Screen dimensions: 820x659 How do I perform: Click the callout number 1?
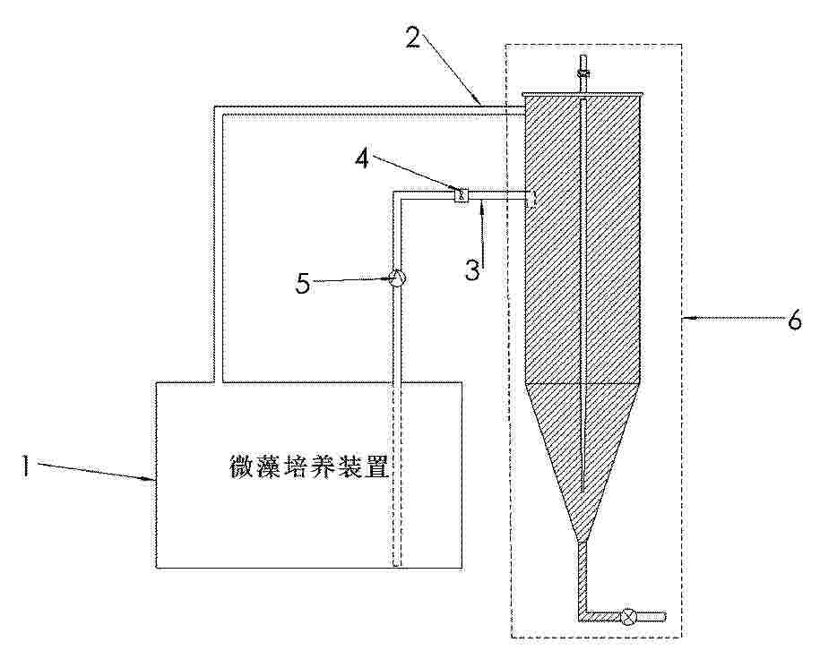pyautogui.click(x=24, y=465)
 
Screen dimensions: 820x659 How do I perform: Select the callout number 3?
pyautogui.click(x=473, y=270)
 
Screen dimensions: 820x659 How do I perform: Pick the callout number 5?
pyautogui.click(x=303, y=284)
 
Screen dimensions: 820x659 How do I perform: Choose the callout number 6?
pyautogui.click(x=794, y=319)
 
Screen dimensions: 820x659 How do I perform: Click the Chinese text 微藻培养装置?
pyautogui.click(x=309, y=466)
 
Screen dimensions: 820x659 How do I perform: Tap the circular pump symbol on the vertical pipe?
pyautogui.click(x=397, y=278)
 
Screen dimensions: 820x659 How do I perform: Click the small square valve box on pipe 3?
pyautogui.click(x=461, y=195)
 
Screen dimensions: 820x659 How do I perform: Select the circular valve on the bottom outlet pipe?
pyautogui.click(x=627, y=617)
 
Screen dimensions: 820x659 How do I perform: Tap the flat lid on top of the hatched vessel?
pyautogui.click(x=583, y=94)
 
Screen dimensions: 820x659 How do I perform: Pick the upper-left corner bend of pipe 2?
pyautogui.click(x=219, y=111)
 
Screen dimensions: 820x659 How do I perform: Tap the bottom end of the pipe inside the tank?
pyautogui.click(x=397, y=564)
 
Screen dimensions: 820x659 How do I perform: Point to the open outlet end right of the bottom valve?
pyautogui.click(x=665, y=617)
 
